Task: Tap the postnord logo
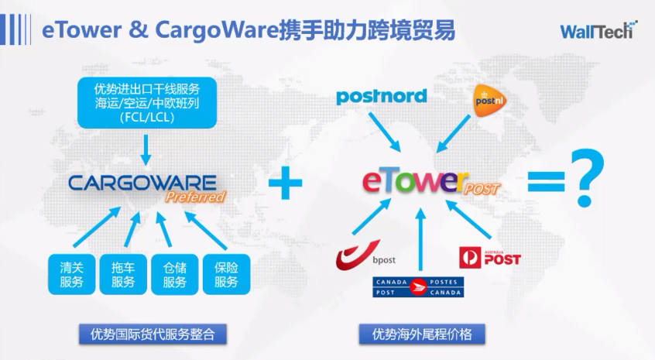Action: [381, 97]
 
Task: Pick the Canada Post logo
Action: [418, 287]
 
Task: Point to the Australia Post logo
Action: [489, 256]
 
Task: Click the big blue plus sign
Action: [285, 183]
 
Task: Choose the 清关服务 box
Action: [71, 274]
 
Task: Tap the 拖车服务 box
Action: [123, 274]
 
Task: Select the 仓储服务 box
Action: [175, 274]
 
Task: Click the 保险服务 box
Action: [226, 274]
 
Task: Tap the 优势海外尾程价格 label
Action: [422, 334]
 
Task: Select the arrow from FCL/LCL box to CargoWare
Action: [147, 148]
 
